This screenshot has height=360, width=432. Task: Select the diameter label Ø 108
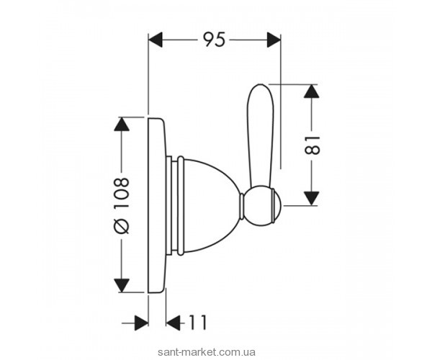(x=122, y=204)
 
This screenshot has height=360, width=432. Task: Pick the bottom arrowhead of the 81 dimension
(x=310, y=197)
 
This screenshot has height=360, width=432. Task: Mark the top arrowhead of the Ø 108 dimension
(x=122, y=124)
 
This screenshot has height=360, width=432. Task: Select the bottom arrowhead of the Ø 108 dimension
(x=122, y=285)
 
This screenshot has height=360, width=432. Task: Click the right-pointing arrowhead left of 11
(x=140, y=324)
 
